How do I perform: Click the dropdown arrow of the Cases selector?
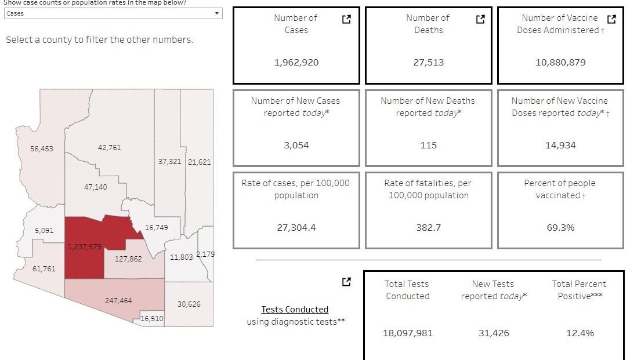[x=217, y=13]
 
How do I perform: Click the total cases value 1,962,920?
[x=296, y=63]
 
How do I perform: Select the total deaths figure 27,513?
[x=429, y=63]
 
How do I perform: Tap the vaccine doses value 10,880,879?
[x=560, y=63]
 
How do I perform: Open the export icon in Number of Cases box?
[x=347, y=19]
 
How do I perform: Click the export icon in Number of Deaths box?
[x=480, y=19]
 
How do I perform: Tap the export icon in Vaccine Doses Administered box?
[x=611, y=19]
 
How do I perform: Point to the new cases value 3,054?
[x=296, y=146]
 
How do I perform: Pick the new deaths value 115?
[x=429, y=146]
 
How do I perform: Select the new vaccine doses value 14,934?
[x=560, y=146]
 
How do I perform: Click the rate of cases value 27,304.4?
[x=296, y=228]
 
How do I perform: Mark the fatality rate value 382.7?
[x=429, y=228]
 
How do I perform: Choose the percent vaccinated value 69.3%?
[x=560, y=228]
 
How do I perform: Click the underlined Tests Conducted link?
[x=295, y=310]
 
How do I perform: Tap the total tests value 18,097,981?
[x=408, y=333]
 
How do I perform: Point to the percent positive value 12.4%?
[x=580, y=333]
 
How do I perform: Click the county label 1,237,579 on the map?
[x=84, y=247]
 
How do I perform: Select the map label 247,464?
[x=118, y=301]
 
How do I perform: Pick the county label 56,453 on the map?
[x=42, y=149]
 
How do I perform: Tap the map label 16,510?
[x=151, y=319]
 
